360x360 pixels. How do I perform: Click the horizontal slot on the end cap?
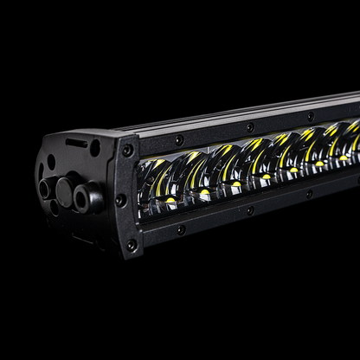pos(76,143)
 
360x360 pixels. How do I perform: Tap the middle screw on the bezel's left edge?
pos(121,200)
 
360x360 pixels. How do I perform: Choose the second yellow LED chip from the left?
pos(204,192)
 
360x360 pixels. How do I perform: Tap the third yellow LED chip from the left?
pos(236,183)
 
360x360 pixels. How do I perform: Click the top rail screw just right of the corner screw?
pos(179,139)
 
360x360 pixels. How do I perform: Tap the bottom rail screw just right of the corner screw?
pos(180,229)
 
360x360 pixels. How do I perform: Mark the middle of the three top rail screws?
pos(250,126)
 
